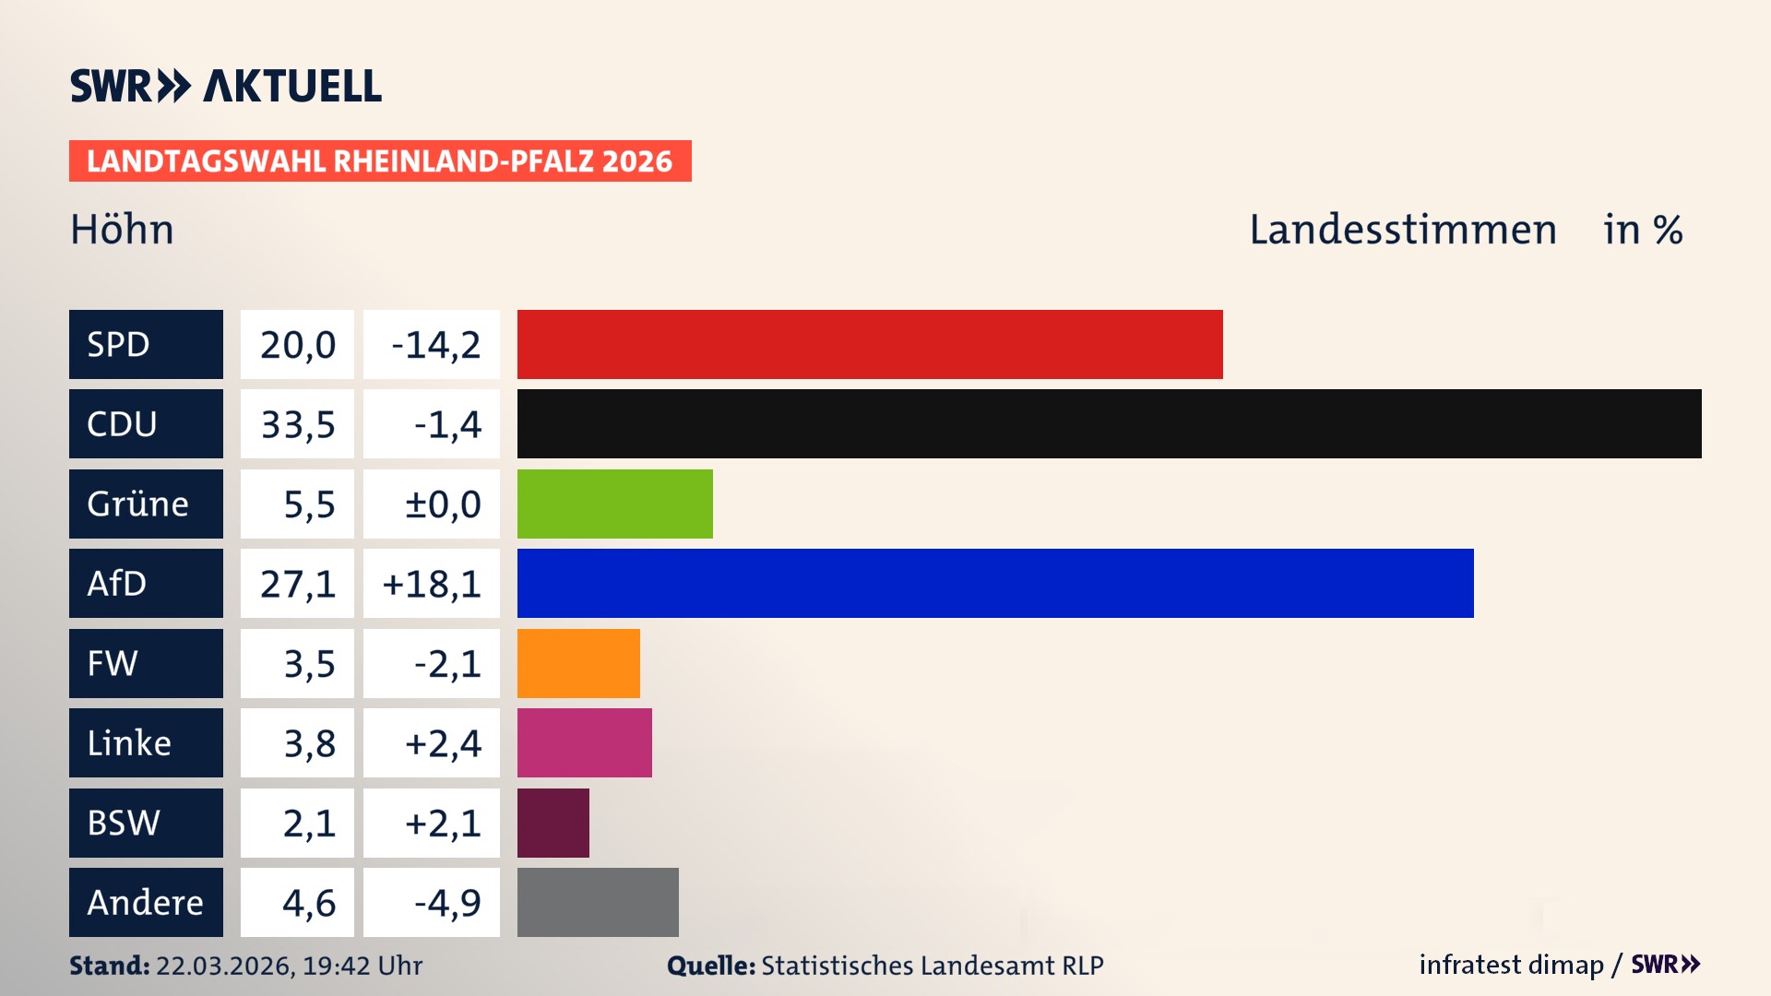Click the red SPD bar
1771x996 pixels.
point(870,344)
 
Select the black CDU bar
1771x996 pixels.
point(1109,423)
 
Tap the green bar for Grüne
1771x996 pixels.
point(614,504)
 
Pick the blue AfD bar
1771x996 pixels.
point(995,583)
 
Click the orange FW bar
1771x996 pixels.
point(578,663)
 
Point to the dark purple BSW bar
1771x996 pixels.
point(553,823)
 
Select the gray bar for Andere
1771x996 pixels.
point(598,902)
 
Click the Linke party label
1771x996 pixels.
point(146,742)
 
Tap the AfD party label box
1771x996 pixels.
point(146,583)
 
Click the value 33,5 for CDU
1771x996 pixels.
point(297,424)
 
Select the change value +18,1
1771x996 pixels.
point(432,584)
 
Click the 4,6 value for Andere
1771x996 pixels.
point(308,903)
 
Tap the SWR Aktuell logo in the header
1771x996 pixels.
point(226,86)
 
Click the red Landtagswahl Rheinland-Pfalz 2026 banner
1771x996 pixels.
point(380,161)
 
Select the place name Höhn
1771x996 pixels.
point(122,230)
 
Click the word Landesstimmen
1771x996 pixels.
point(1402,230)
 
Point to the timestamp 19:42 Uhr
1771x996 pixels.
point(362,966)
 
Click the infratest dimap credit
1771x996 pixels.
point(1510,965)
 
